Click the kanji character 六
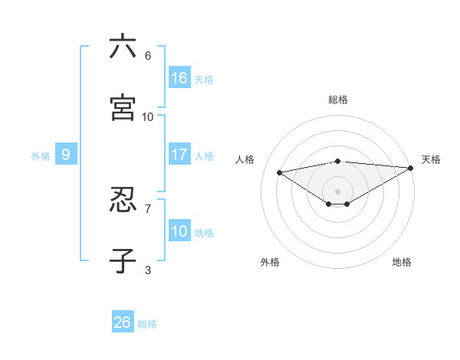[x=123, y=47]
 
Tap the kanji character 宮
[x=123, y=108]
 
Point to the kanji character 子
[x=123, y=261]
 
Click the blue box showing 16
[x=179, y=77]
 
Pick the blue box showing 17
[x=179, y=155]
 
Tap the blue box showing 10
[x=179, y=231]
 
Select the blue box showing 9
[x=66, y=155]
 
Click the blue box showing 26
[x=123, y=322]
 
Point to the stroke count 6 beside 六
[x=148, y=55]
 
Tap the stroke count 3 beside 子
[x=148, y=270]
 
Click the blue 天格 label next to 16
[x=204, y=79]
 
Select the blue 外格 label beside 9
[x=41, y=156]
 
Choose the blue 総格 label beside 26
[x=147, y=324]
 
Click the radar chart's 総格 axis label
[x=338, y=100]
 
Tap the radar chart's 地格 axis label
[x=402, y=262]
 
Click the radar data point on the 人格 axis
[x=280, y=172]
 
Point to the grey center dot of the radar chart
[x=338, y=191]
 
